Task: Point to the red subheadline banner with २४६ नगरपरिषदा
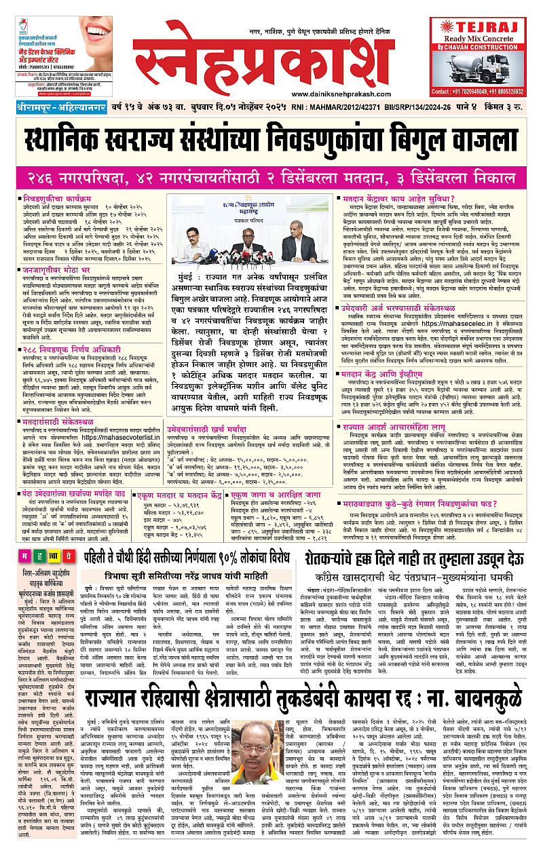(271, 176)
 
